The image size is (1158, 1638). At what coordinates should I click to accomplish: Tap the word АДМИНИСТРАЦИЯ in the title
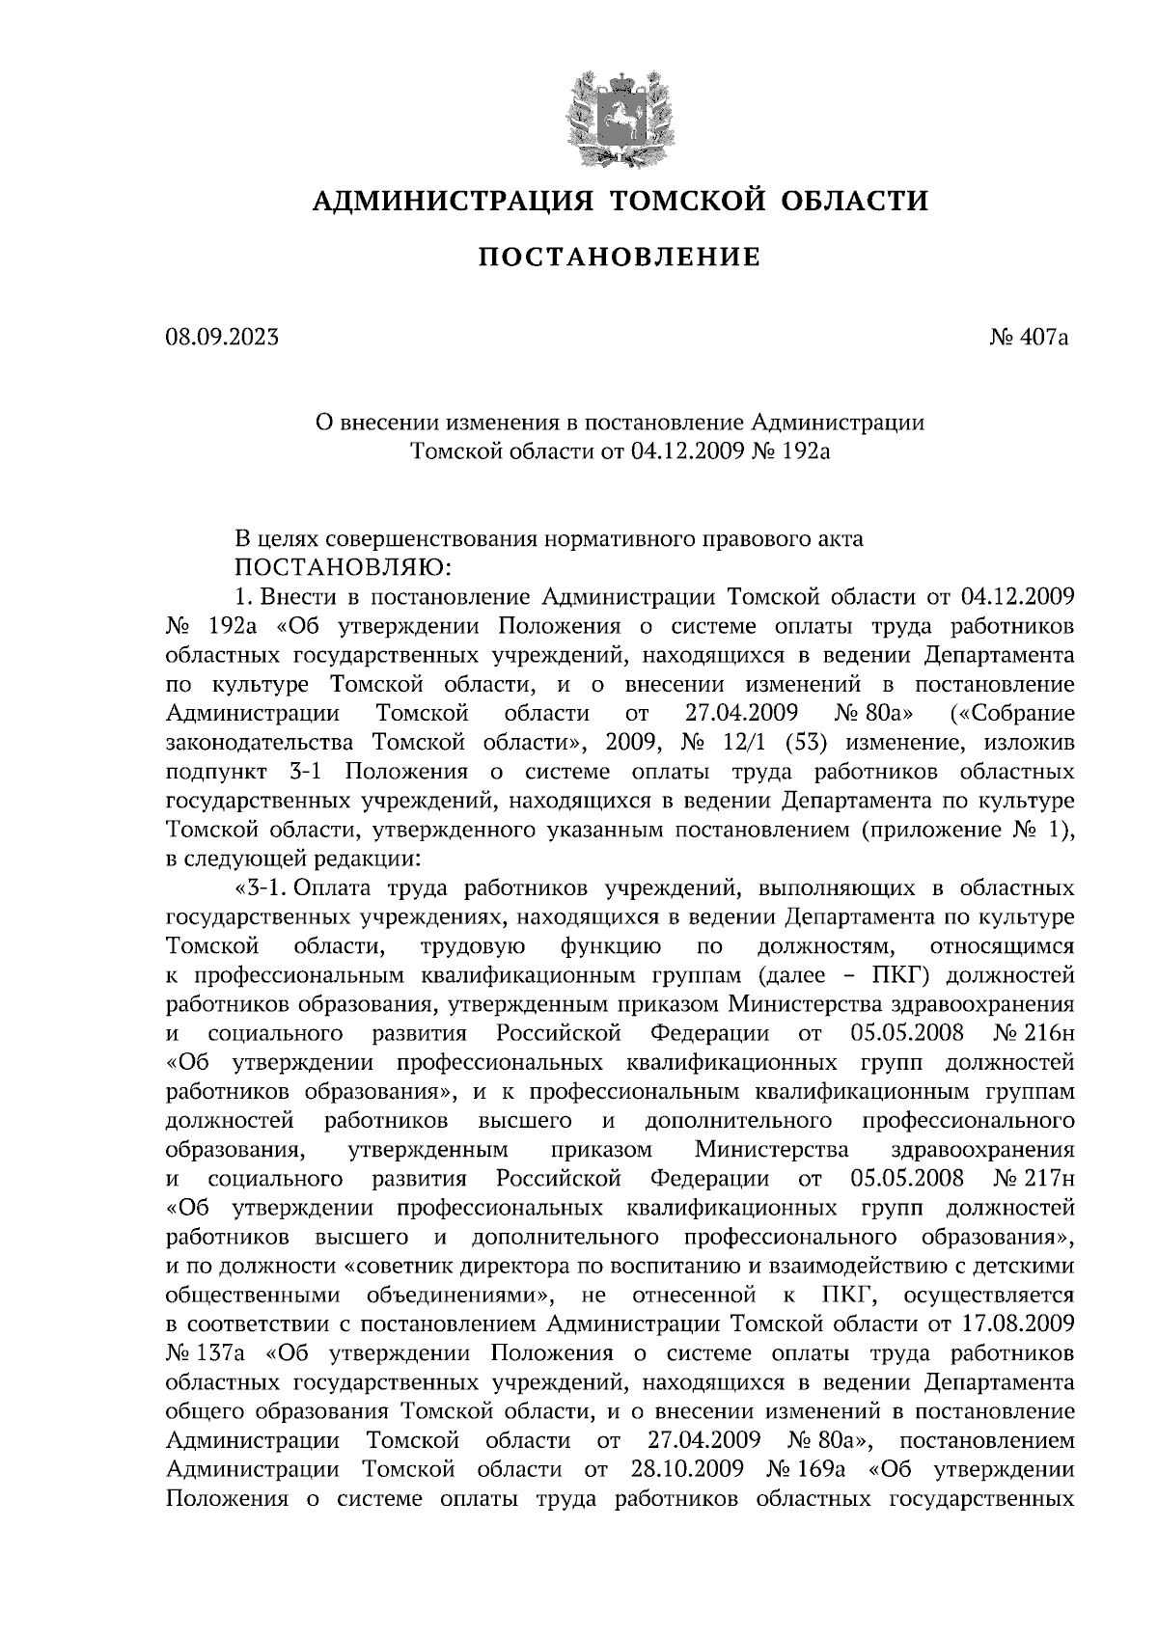click(x=453, y=201)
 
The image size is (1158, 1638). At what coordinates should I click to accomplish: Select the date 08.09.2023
click(x=222, y=338)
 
